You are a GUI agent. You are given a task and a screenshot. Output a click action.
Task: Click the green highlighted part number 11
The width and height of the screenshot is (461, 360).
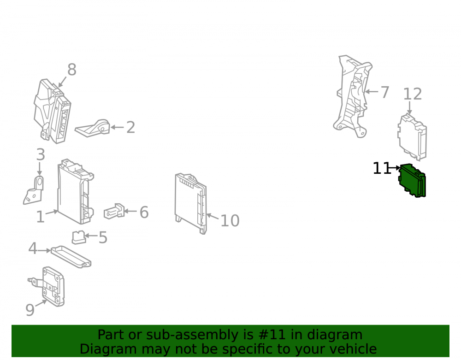[x=412, y=180]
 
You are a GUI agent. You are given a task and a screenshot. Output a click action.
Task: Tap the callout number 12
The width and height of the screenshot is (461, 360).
[x=412, y=94]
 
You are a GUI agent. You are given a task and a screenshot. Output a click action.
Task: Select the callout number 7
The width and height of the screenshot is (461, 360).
[x=384, y=92]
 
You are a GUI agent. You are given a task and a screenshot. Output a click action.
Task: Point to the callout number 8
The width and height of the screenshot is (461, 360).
[x=72, y=70]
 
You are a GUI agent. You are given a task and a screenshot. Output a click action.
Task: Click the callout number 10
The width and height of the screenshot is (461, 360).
[x=230, y=220]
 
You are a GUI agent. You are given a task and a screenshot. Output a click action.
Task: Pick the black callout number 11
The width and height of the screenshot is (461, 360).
[x=382, y=168]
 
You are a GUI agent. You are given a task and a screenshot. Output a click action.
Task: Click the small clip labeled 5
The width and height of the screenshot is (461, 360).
[x=79, y=237]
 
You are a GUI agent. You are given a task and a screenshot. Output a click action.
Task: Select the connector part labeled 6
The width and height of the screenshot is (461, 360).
[x=114, y=211]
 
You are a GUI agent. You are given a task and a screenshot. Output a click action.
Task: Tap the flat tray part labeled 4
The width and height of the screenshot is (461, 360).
[x=71, y=257]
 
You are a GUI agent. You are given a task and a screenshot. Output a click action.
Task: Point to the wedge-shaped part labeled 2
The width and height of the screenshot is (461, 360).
[x=93, y=128]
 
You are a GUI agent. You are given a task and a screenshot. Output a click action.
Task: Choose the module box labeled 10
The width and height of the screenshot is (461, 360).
[x=190, y=203]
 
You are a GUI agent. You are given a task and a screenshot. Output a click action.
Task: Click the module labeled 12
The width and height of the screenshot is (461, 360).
[x=412, y=137]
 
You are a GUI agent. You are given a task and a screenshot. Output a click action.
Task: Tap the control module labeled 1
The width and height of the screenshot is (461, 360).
[x=76, y=192]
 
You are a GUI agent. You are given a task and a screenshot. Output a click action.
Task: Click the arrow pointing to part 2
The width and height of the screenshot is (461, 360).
[x=117, y=127]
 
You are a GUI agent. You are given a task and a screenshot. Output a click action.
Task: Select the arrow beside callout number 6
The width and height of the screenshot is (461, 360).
[x=130, y=211]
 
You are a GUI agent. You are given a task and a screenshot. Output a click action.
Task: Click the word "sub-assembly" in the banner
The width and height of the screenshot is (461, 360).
[x=200, y=335]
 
